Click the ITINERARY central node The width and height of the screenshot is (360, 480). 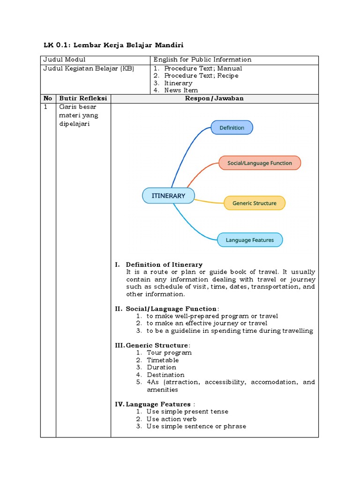(168, 196)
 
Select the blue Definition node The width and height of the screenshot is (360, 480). (232, 127)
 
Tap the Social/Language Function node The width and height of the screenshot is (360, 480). (259, 163)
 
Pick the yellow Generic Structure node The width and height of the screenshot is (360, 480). (255, 203)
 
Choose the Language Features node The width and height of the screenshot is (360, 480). (249, 240)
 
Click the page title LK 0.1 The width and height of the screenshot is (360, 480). (113, 45)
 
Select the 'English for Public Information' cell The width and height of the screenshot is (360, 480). (202, 60)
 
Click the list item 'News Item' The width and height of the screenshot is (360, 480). (181, 90)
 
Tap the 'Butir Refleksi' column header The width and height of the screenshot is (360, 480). (83, 98)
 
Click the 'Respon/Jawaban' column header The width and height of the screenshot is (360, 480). (214, 98)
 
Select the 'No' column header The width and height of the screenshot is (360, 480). (48, 98)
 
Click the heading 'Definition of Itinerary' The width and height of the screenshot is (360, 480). (164, 264)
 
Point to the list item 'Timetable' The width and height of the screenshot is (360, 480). (163, 360)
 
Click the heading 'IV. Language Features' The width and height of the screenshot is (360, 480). (153, 404)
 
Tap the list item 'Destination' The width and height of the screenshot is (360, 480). (165, 375)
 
